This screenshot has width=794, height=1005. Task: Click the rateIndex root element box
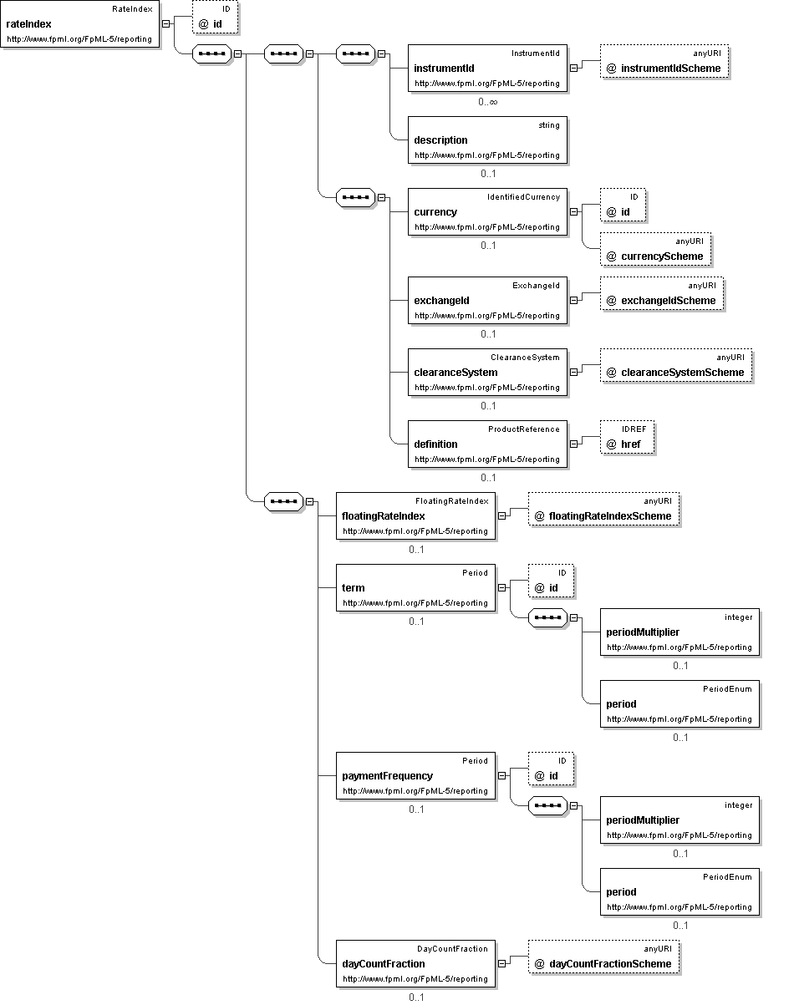[80, 24]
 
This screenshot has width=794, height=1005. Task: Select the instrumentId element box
[487, 69]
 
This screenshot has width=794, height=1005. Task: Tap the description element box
[487, 140]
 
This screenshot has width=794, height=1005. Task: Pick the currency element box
[487, 212]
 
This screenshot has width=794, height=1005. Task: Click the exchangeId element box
[487, 300]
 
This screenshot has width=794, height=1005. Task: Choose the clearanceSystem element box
[487, 373]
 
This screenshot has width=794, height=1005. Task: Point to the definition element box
[487, 444]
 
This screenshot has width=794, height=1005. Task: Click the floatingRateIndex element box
[415, 516]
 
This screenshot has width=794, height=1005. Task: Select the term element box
[415, 588]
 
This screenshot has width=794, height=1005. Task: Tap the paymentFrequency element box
[415, 776]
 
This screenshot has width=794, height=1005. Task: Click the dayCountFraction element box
[415, 963]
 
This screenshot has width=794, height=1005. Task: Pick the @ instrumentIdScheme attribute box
[664, 61]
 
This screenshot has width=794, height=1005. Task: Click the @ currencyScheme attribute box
[655, 250]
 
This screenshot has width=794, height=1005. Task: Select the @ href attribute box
[627, 437]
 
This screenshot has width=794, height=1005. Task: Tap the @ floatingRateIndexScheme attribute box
[603, 509]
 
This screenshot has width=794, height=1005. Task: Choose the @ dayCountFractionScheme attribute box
[603, 957]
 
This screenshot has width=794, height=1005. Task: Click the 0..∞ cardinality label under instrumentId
[488, 102]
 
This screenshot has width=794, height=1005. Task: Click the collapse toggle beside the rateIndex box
[165, 24]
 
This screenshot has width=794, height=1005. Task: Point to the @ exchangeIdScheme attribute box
[661, 293]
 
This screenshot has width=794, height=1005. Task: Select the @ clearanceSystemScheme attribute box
[676, 365]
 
